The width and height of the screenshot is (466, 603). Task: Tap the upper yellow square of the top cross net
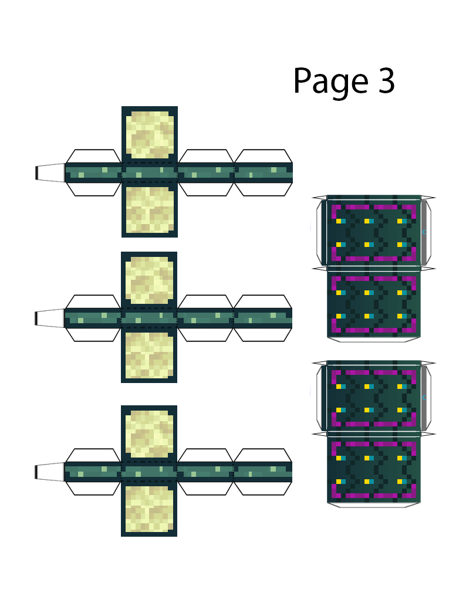149,134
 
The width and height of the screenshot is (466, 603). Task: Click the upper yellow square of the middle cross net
149,280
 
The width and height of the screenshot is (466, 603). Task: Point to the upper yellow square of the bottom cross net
149,433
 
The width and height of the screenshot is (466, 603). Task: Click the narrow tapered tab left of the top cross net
50,172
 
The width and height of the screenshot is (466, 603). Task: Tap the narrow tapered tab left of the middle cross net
50,318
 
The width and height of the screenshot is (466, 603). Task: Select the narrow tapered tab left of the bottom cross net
50,472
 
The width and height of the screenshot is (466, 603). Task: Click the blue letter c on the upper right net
424,232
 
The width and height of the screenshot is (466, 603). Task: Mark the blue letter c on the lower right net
424,397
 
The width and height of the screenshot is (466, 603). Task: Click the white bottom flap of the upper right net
374,340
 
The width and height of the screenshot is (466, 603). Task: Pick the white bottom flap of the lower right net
374,504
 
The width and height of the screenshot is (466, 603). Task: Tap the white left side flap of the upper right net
320,232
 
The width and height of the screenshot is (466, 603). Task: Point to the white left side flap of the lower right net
320,397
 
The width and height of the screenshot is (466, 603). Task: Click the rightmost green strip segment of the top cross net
263,172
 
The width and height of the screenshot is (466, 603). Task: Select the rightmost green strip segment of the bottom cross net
263,472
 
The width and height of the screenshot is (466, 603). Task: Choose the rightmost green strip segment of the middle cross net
263,318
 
